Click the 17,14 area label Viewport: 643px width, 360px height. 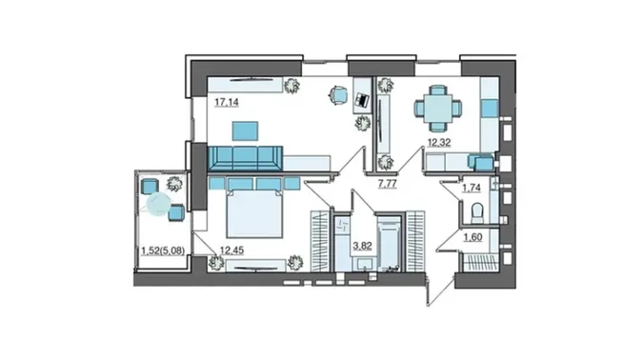click(x=227, y=102)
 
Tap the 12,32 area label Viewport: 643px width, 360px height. click(x=439, y=143)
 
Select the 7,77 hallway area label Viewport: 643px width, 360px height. click(x=387, y=184)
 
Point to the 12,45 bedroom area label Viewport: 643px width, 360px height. click(x=231, y=250)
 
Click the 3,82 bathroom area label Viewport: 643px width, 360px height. click(x=363, y=246)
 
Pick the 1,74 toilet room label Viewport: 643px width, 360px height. click(x=472, y=188)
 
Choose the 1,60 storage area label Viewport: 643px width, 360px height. click(x=472, y=237)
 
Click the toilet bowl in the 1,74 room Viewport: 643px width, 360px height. click(x=478, y=213)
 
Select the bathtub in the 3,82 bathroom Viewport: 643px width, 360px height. click(x=389, y=244)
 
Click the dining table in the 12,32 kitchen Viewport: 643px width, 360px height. click(x=438, y=109)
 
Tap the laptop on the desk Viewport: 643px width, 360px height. click(x=362, y=100)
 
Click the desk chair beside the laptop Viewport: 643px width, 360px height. click(x=338, y=95)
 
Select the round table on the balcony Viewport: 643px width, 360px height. click(x=159, y=204)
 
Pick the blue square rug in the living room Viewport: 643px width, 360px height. click(x=245, y=131)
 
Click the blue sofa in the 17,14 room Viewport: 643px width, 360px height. click(x=245, y=158)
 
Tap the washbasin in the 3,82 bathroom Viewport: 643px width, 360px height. click(x=364, y=264)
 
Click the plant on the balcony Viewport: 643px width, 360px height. click(x=174, y=184)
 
